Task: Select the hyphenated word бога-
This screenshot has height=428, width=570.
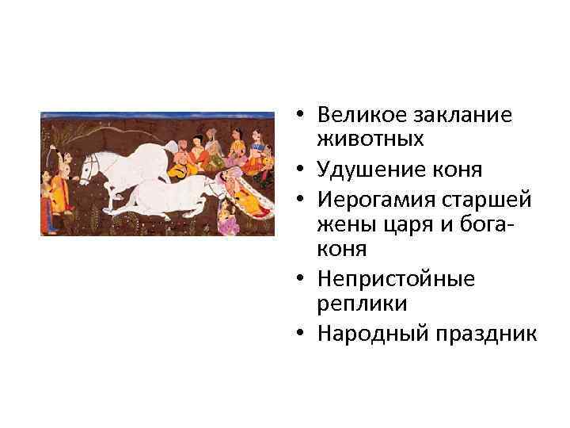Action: (x=473, y=224)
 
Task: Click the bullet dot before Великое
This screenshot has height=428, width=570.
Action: (x=304, y=116)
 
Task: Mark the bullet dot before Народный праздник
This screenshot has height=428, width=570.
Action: (x=304, y=333)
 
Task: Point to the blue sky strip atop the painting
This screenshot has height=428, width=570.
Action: (x=158, y=115)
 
